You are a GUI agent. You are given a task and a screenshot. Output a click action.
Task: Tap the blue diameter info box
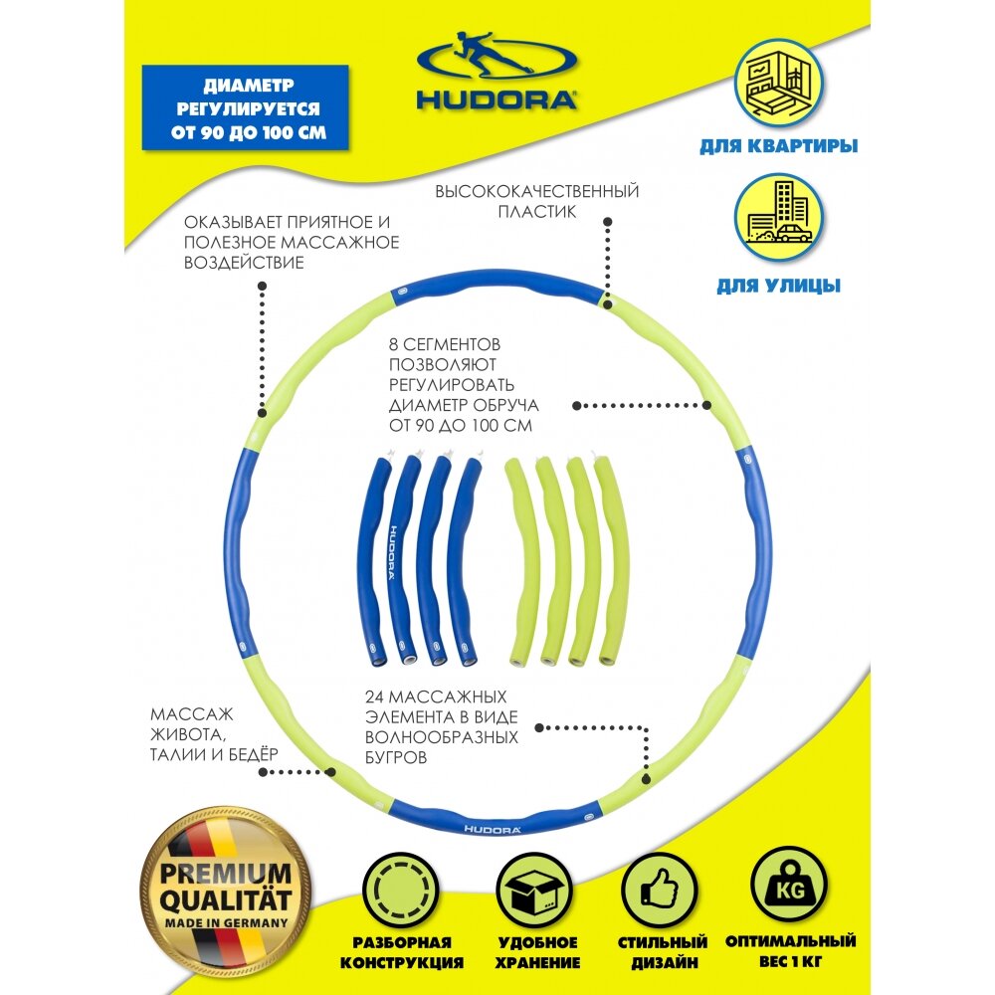click(x=245, y=107)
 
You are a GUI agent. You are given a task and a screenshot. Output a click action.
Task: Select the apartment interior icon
click(x=779, y=88)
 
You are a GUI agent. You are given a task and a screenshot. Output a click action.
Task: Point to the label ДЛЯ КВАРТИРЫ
click(x=779, y=146)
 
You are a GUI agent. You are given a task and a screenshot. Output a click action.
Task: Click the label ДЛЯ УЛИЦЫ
click(x=779, y=286)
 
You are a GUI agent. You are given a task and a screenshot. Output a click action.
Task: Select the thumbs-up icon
click(x=664, y=888)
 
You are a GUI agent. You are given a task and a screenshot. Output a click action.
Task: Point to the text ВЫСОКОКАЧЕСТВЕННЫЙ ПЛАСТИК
click(x=536, y=201)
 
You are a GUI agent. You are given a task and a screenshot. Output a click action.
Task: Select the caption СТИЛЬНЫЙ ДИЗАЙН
click(x=664, y=952)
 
